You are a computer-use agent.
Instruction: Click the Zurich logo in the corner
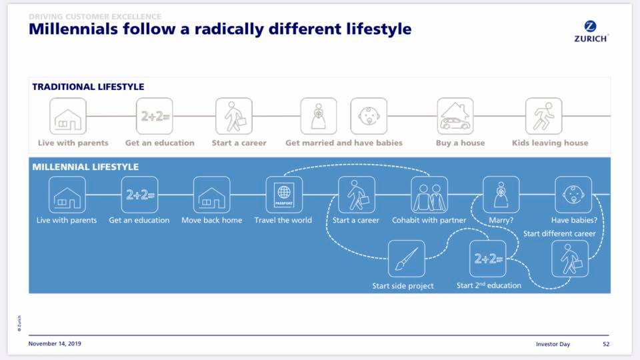click(x=590, y=31)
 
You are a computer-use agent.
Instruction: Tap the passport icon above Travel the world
click(x=283, y=194)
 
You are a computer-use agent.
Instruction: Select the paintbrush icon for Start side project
click(x=406, y=258)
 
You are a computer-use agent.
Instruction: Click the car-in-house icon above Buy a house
click(x=455, y=116)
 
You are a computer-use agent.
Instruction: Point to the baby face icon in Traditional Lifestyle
click(x=369, y=116)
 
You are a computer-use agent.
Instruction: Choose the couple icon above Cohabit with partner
click(x=429, y=194)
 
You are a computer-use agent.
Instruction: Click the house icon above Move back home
click(x=211, y=194)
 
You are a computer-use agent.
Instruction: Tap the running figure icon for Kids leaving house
click(x=543, y=116)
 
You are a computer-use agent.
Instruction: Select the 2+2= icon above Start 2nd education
click(x=488, y=258)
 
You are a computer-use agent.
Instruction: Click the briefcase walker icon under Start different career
click(x=569, y=258)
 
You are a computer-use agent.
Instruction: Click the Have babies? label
click(x=573, y=220)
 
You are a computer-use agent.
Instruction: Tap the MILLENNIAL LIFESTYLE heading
click(x=85, y=167)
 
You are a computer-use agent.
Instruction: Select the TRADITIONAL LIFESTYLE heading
click(x=88, y=87)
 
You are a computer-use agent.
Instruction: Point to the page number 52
click(x=606, y=344)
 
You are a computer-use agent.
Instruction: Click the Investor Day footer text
click(x=552, y=344)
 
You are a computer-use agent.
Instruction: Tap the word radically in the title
click(x=228, y=29)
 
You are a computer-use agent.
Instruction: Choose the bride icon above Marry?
click(x=501, y=194)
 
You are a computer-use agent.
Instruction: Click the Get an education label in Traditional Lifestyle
click(x=160, y=143)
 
